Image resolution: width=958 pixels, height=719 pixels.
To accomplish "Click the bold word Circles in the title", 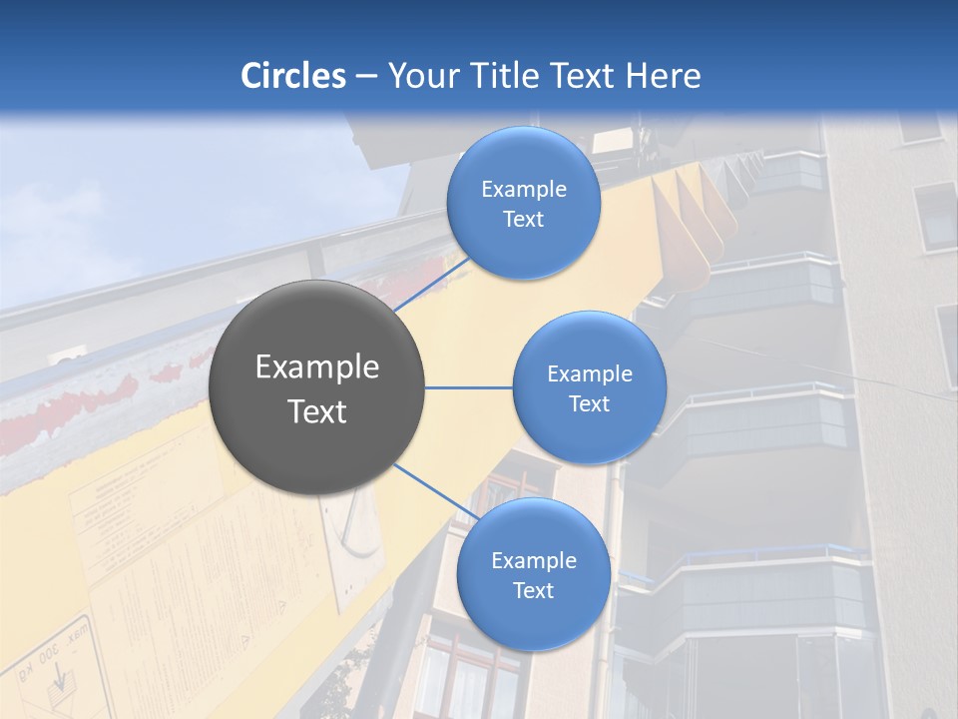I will (x=292, y=76).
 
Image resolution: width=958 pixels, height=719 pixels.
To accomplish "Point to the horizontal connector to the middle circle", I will (x=469, y=387).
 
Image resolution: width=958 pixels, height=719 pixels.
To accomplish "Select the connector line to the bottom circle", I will (x=435, y=491).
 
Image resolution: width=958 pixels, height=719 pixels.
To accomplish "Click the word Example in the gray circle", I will (x=317, y=367).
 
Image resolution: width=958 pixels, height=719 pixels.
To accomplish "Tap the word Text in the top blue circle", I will (x=523, y=220).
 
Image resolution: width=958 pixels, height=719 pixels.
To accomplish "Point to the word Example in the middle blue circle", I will (x=589, y=374).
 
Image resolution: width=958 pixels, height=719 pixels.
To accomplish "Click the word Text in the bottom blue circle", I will (x=533, y=590).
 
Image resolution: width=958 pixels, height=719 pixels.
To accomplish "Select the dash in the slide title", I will (x=366, y=76).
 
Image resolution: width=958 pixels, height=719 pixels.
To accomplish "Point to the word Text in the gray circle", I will (x=317, y=411).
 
